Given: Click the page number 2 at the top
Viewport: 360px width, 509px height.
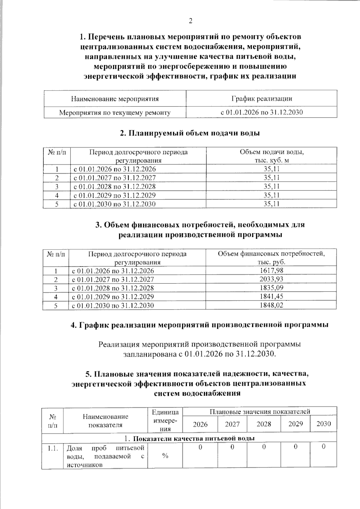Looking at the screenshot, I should (x=190, y=21).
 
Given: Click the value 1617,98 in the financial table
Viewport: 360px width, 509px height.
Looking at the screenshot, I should (x=271, y=271).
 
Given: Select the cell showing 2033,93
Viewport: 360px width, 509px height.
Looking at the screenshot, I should (x=271, y=279).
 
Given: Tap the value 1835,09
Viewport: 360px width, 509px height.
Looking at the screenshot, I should (x=271, y=288).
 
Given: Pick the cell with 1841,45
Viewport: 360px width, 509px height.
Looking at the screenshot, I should (x=271, y=297).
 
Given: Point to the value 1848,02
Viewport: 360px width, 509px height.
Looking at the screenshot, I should (x=271, y=305).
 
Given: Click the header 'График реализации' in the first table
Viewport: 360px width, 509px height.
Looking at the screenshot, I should (x=262, y=99).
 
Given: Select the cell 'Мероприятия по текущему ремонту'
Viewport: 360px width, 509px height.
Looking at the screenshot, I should (x=115, y=113).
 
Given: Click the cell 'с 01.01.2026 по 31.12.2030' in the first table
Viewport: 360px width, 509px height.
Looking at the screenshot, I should (x=262, y=112).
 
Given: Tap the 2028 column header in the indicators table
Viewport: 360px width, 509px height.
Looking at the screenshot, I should (x=264, y=424).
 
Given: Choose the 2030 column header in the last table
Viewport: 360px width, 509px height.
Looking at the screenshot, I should (x=324, y=424).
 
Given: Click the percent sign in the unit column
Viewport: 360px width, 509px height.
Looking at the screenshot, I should (x=165, y=456).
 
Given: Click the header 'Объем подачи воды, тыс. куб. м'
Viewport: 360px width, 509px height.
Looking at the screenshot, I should (x=271, y=156).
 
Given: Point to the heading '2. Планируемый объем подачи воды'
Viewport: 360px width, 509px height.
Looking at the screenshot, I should (x=190, y=133).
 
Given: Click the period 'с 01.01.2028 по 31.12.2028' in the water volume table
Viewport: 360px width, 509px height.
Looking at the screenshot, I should (x=115, y=187).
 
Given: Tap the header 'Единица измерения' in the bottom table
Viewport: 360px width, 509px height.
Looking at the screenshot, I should (x=165, y=420).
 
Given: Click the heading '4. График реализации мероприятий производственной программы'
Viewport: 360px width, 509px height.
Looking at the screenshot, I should (x=199, y=325).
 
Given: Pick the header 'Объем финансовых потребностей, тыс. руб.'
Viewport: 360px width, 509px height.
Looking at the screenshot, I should (x=271, y=258).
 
